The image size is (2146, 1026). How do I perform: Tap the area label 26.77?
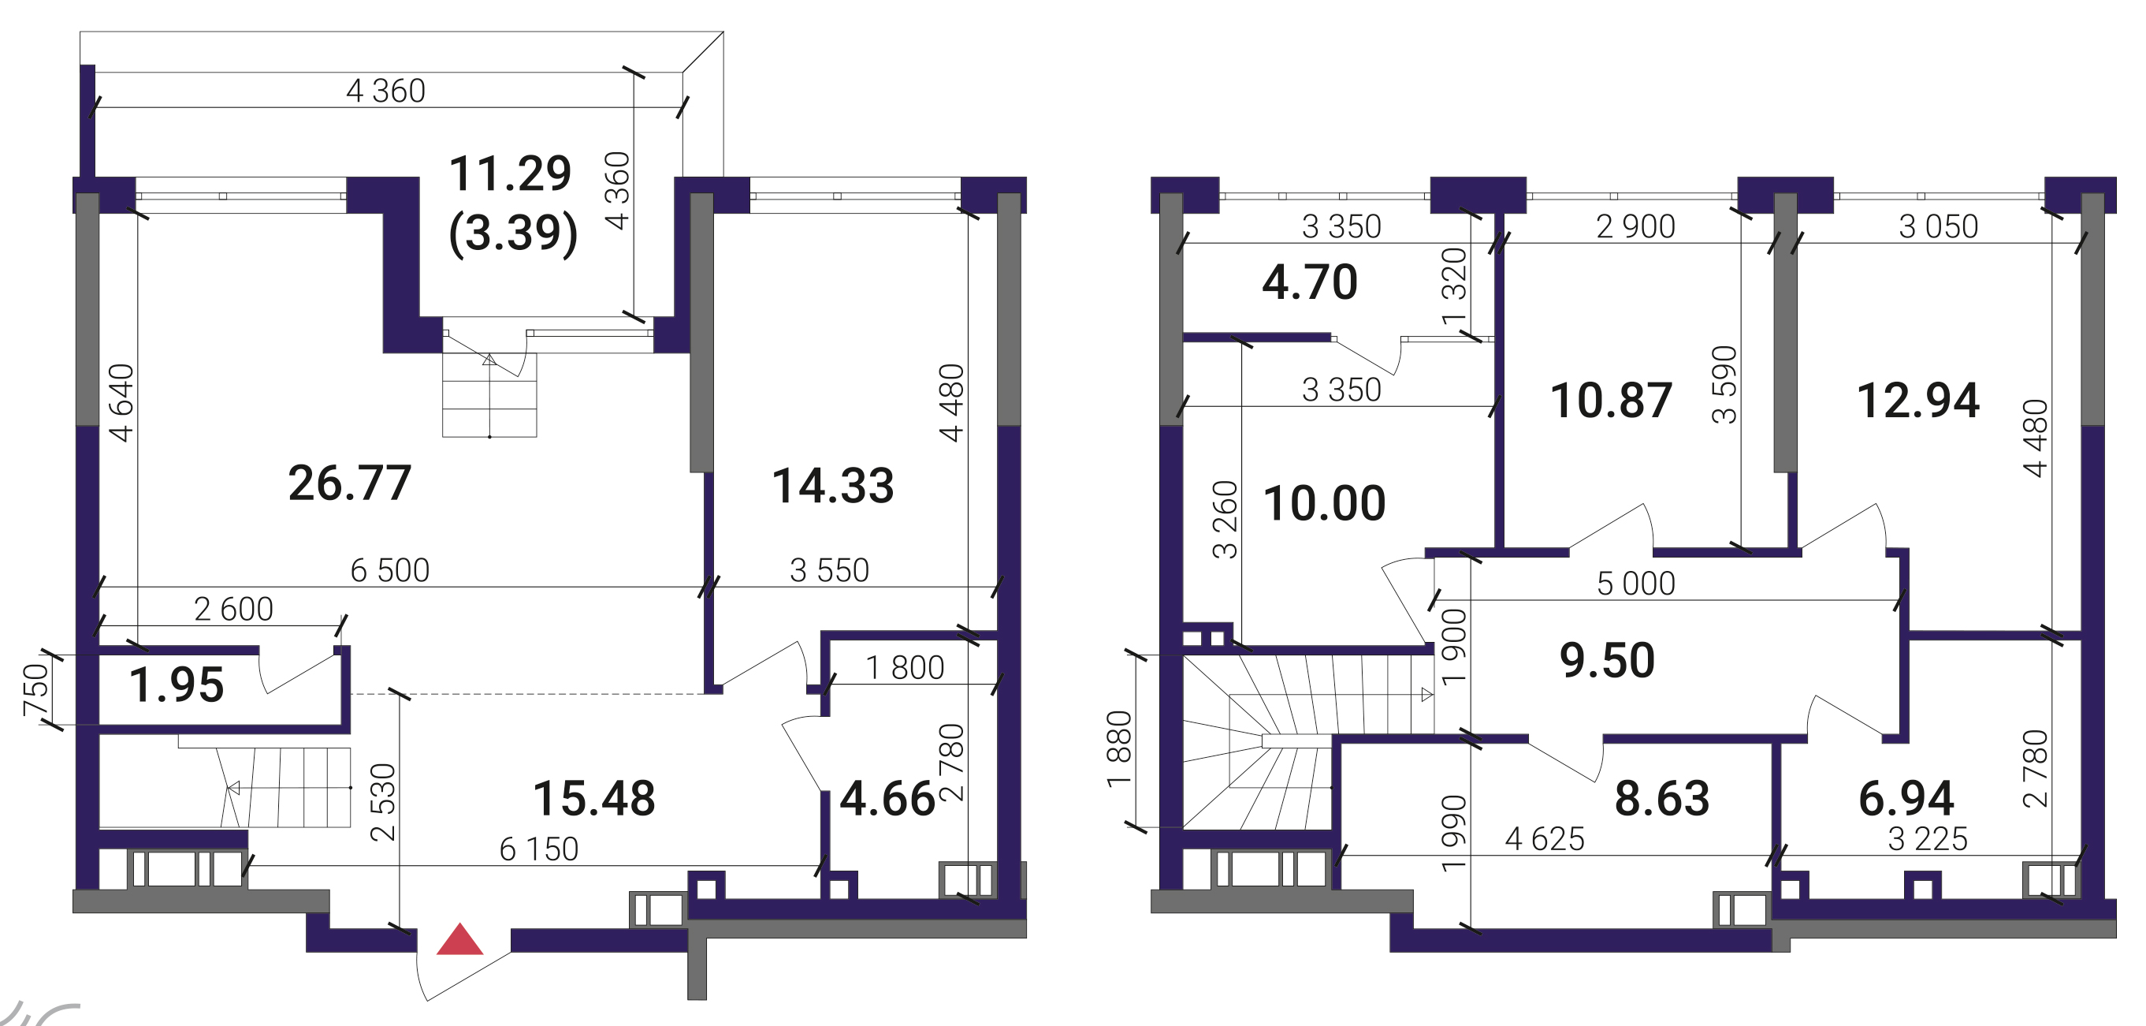(350, 483)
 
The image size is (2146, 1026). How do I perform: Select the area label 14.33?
(833, 486)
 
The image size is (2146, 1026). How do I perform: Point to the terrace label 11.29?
(510, 173)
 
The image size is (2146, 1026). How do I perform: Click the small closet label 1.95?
(177, 685)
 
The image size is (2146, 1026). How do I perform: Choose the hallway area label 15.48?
(594, 798)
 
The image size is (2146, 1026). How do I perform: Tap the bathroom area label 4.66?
(887, 798)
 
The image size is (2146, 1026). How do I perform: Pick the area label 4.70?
(1310, 282)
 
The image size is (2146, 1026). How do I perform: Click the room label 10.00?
(1325, 503)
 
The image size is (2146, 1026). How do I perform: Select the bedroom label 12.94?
(1918, 401)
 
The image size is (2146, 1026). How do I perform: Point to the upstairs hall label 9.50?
(1607, 661)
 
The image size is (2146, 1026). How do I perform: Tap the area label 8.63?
(1662, 798)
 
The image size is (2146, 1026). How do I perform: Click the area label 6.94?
(1907, 798)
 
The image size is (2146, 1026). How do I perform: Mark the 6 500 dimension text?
(390, 571)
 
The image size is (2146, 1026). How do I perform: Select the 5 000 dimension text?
(1636, 584)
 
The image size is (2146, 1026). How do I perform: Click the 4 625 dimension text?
(1545, 839)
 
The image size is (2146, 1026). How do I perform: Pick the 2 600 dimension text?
(233, 610)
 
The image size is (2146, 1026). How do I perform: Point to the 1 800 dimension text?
(905, 669)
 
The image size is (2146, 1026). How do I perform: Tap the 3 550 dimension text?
(830, 571)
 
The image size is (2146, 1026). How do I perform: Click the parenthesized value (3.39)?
(513, 233)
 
